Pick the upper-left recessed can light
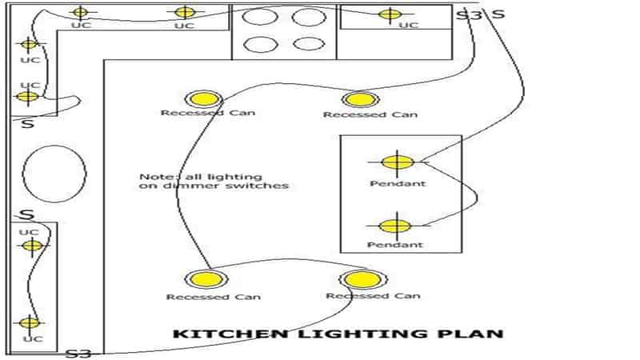pyautogui.click(x=203, y=99)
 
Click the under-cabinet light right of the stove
pyautogui.click(x=390, y=14)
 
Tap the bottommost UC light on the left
pyautogui.click(x=29, y=323)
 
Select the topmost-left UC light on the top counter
pyautogui.click(x=79, y=12)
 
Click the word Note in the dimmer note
pyautogui.click(x=153, y=176)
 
